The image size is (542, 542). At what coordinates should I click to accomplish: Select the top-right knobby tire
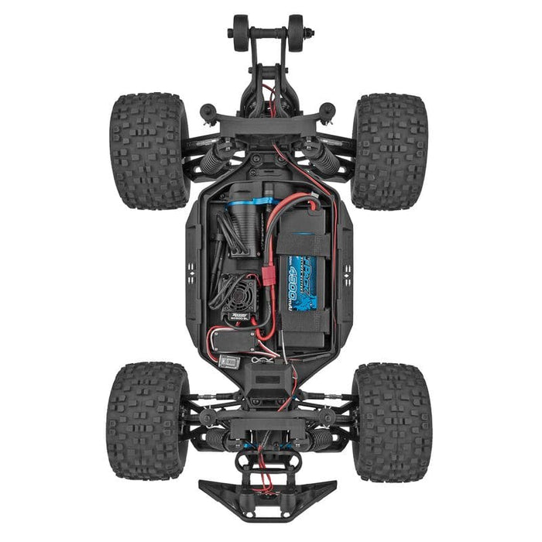point(390,150)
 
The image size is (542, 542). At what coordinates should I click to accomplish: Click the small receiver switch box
point(228,361)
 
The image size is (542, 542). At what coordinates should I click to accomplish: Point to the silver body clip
point(258,358)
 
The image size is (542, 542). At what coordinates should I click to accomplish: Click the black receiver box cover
point(270,380)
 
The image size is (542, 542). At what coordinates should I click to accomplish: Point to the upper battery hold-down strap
point(304,247)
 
